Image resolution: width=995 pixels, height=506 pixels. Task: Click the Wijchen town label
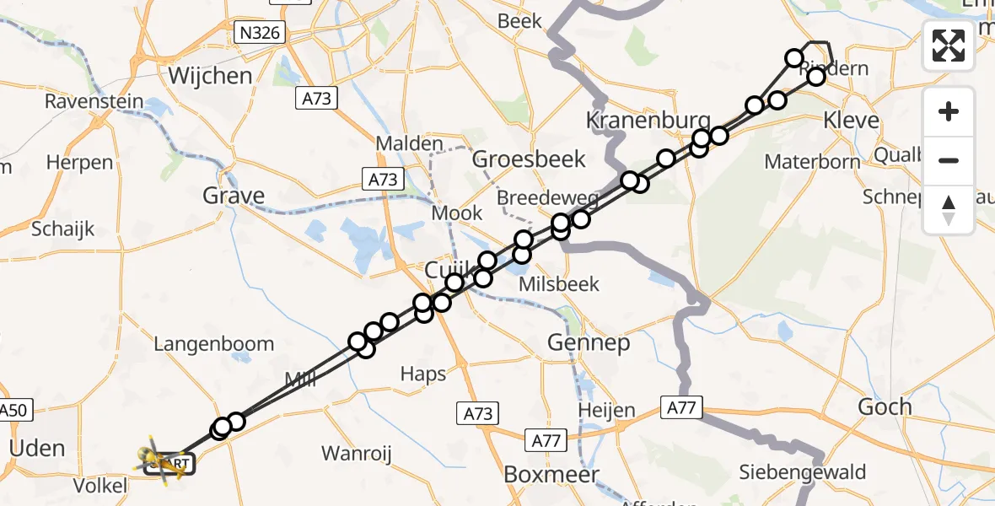point(210,76)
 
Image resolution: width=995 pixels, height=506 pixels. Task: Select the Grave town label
point(234,196)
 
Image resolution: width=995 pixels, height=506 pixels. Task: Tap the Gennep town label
point(589,342)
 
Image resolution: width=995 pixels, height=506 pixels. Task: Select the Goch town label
point(885,406)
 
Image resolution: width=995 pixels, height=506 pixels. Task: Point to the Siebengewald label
point(802,472)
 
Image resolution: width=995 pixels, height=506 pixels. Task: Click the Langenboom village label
point(213,344)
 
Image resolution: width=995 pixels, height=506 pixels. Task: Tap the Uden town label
point(36,448)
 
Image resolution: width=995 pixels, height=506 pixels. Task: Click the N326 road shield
point(260,33)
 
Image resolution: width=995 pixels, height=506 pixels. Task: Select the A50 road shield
point(13,411)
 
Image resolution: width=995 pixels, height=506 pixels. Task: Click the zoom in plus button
point(949,111)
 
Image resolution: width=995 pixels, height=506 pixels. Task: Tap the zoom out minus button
point(949,160)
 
